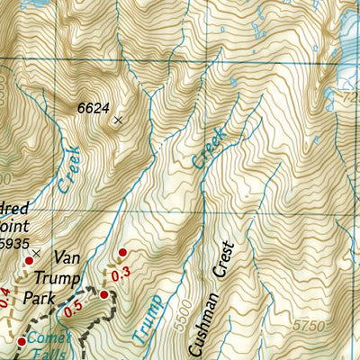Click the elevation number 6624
pyautogui.click(x=93, y=108)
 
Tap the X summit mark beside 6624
pyautogui.click(x=117, y=118)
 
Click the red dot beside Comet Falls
pyautogui.click(x=22, y=341)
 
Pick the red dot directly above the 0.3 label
pyautogui.click(x=122, y=253)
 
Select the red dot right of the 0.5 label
pyautogui.click(x=103, y=294)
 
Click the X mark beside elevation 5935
pyautogui.click(x=37, y=253)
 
